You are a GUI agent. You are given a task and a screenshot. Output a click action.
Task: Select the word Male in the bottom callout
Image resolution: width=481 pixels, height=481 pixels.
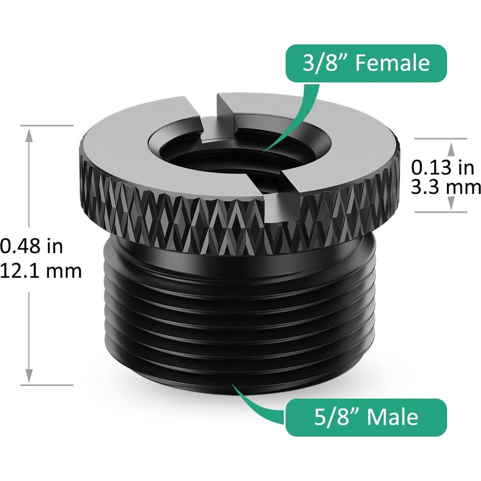coord(392,416)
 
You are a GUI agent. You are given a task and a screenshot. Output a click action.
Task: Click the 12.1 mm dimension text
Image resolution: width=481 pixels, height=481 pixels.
coord(40,270)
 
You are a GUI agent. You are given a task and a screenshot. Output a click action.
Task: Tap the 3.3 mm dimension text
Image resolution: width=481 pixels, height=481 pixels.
coord(446,187)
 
